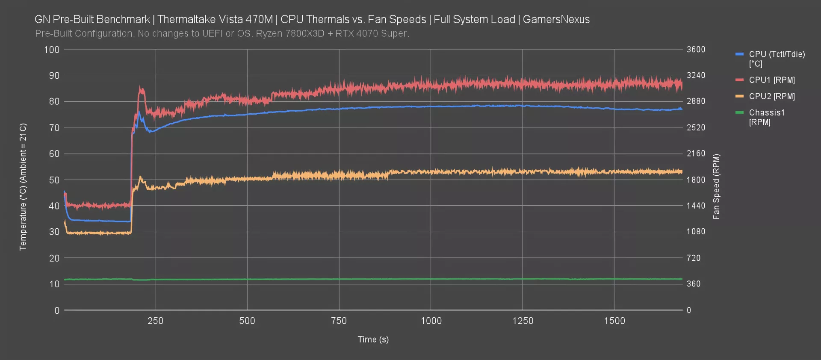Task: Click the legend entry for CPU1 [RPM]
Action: [771, 80]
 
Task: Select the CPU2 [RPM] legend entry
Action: [771, 96]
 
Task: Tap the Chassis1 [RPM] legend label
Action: [766, 117]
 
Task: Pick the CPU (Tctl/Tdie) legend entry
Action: [776, 59]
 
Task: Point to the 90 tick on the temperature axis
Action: [54, 76]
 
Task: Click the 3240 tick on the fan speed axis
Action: [696, 75]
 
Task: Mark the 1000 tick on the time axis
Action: [431, 321]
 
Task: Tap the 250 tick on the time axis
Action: [155, 321]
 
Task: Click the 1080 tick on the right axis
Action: [696, 232]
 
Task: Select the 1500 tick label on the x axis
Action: [614, 321]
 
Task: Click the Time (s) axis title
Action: [373, 339]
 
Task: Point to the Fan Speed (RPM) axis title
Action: [716, 186]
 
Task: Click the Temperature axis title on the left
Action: [23, 186]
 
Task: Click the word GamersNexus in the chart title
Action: [556, 20]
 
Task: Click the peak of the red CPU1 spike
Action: [141, 88]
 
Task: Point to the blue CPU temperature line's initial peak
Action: [139, 112]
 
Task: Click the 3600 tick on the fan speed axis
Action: [696, 50]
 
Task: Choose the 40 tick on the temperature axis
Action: [54, 206]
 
